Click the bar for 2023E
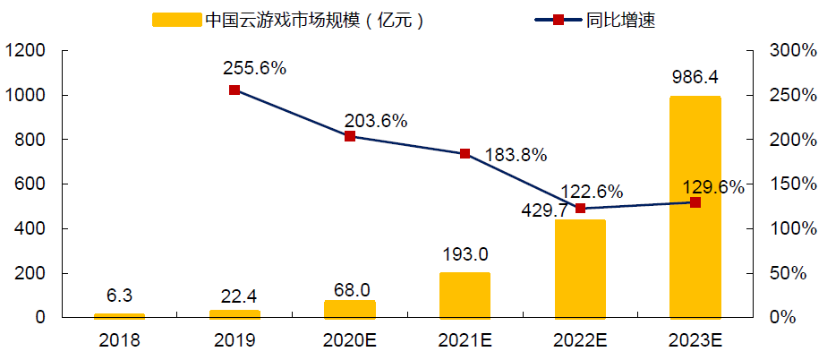coord(695,207)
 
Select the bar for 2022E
coord(580,269)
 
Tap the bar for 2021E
coord(465,296)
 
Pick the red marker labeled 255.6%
coord(234,90)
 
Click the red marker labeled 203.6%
coord(350,136)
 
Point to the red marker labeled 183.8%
coord(465,154)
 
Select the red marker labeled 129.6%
coord(695,202)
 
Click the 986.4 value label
coord(695,76)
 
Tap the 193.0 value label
coord(465,254)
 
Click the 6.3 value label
coord(119,295)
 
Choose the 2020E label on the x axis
coord(350,340)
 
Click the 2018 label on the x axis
coord(119,340)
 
